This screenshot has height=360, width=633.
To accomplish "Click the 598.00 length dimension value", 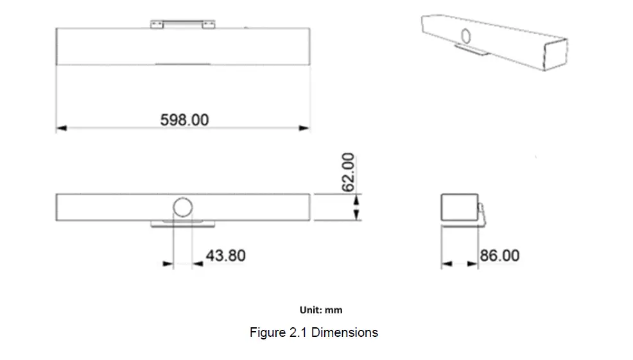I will tap(184, 120).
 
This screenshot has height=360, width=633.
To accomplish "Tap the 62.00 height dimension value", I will tap(347, 172).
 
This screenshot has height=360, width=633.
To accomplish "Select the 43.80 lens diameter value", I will tap(225, 255).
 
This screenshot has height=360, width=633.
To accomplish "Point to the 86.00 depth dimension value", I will tap(499, 255).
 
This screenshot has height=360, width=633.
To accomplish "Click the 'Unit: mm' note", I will tap(321, 310).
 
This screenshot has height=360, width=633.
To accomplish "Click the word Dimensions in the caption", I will tap(345, 332).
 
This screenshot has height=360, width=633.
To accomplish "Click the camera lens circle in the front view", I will tap(183, 207).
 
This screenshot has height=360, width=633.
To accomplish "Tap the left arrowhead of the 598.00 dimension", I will tap(61, 128).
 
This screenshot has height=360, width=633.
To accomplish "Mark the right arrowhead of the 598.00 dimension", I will tap(304, 128).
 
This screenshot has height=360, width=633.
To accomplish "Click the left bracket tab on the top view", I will tap(157, 24).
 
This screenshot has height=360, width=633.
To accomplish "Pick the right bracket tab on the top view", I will tap(208, 24).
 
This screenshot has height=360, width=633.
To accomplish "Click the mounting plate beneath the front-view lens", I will tap(183, 223).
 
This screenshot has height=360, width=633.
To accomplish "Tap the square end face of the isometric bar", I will tap(554, 54).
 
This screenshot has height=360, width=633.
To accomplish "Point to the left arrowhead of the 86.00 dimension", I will tap(446, 263).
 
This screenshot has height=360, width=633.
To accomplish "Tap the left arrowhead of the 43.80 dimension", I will tap(168, 263).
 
